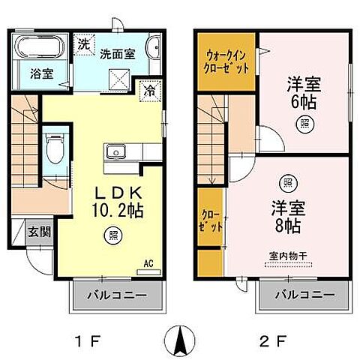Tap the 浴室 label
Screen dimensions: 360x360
(40, 74)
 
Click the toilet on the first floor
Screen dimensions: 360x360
(53, 148)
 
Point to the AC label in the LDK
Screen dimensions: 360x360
(148, 262)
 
